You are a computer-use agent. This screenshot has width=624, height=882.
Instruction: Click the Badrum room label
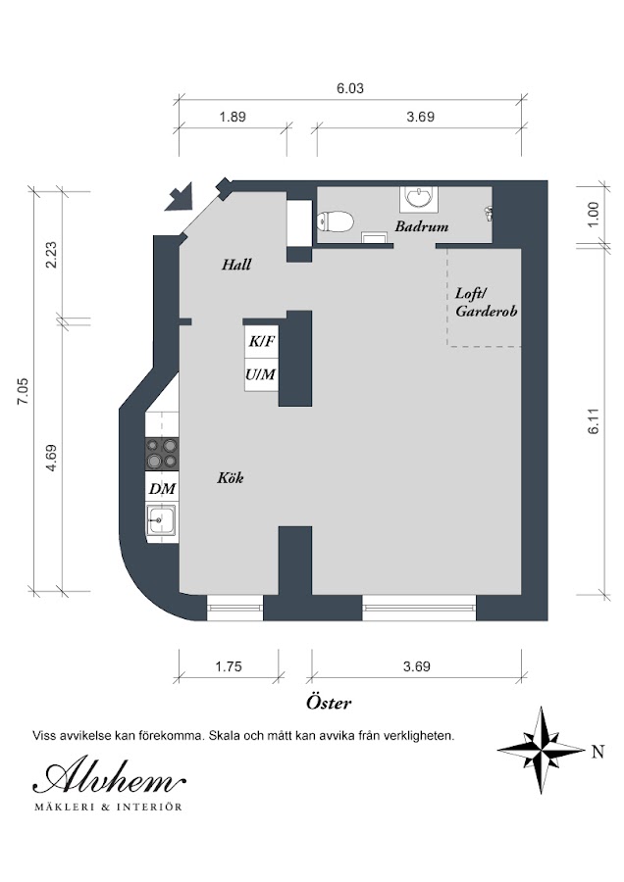click(421, 226)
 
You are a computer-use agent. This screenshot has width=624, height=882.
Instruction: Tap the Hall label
click(236, 265)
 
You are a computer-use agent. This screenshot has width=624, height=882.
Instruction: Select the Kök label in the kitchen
click(231, 478)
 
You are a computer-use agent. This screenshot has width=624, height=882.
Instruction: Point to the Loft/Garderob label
click(486, 302)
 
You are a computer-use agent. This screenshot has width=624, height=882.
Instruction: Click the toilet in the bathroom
click(336, 221)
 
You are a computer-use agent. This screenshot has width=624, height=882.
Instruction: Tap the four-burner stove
click(162, 455)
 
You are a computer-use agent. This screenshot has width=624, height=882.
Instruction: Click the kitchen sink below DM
click(161, 520)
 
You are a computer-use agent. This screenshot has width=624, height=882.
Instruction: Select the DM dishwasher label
click(162, 489)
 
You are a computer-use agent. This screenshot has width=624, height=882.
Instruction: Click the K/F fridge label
click(262, 341)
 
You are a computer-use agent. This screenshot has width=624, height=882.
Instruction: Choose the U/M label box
click(261, 374)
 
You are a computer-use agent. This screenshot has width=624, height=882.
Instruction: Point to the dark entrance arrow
click(180, 197)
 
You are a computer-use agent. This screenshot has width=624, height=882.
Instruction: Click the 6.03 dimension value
click(350, 88)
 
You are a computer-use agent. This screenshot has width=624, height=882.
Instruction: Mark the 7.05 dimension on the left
click(24, 391)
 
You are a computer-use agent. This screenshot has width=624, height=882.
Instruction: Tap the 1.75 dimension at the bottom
click(229, 666)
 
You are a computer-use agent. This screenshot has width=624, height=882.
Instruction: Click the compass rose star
click(541, 750)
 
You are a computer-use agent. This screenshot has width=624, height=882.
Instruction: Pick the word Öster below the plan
click(329, 702)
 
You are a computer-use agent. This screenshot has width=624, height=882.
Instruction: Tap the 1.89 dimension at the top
click(233, 117)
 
